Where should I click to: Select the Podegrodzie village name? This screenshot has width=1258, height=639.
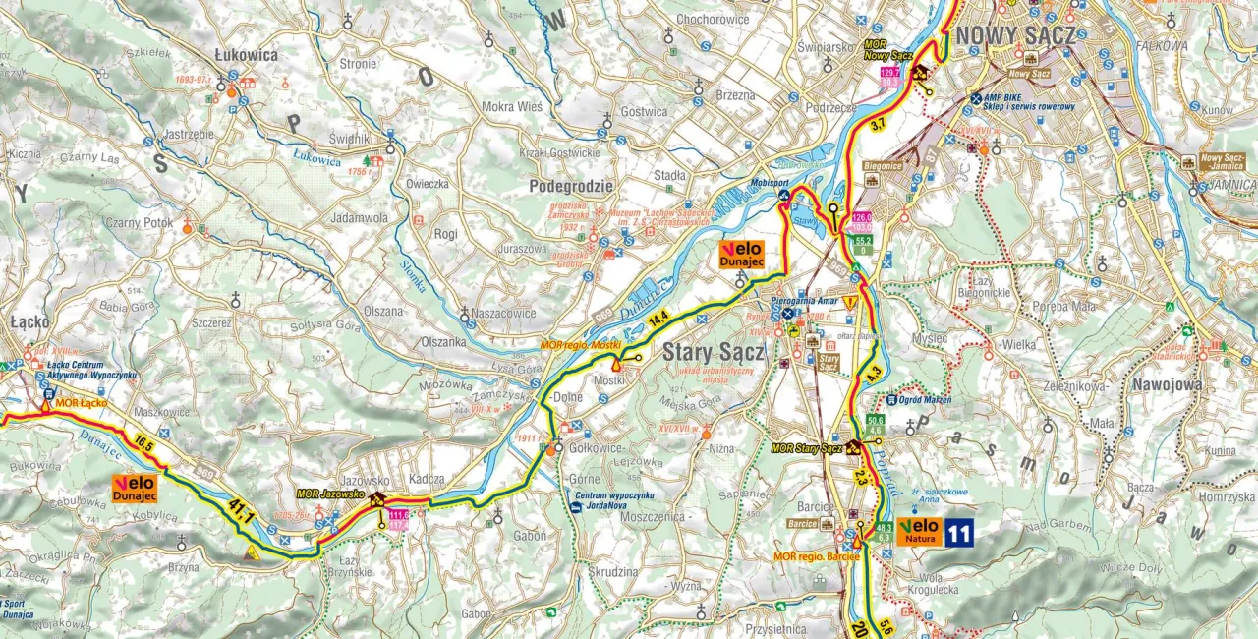click(x=570, y=186)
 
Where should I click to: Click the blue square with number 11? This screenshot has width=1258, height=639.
click(x=958, y=533)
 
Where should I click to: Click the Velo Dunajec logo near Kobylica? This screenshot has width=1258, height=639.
click(x=136, y=489)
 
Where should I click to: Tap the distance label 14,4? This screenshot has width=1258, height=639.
click(x=658, y=317)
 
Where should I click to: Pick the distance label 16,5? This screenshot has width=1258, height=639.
click(x=145, y=444)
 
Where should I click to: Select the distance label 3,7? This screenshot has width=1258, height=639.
click(x=879, y=123)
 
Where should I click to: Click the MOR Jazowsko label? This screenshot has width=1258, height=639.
click(x=330, y=494)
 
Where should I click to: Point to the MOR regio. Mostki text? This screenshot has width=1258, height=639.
click(x=580, y=346)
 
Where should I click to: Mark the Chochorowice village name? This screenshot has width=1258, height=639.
click(x=713, y=18)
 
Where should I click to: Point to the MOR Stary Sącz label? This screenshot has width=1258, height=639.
click(x=808, y=448)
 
